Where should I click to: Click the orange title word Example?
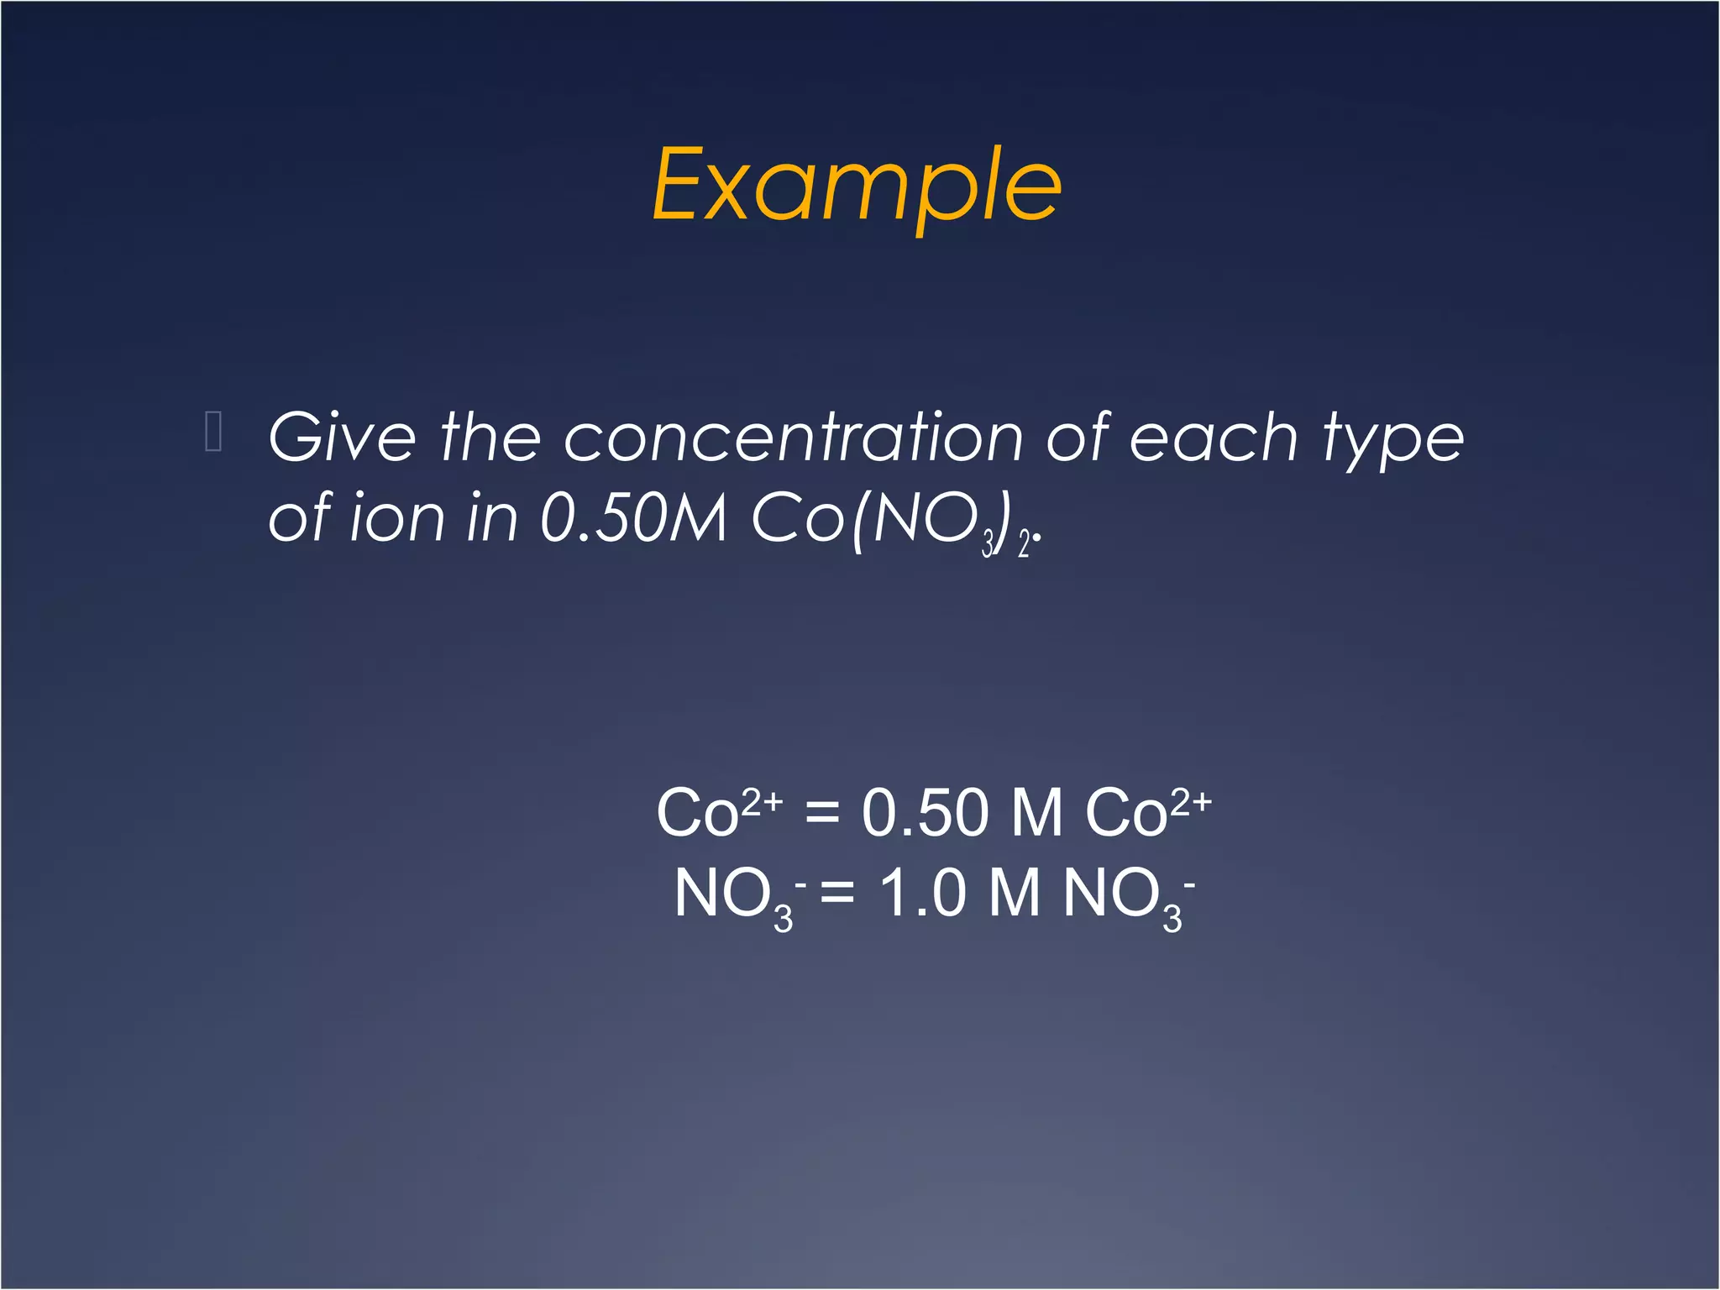click(857, 186)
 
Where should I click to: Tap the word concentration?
click(793, 438)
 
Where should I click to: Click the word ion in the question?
click(396, 518)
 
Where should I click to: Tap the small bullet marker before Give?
click(213, 432)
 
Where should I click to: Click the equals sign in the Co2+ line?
click(821, 813)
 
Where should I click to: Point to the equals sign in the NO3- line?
click(836, 893)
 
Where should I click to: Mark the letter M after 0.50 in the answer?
click(1036, 813)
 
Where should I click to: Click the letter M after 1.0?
click(1014, 893)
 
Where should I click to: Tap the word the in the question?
click(490, 438)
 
